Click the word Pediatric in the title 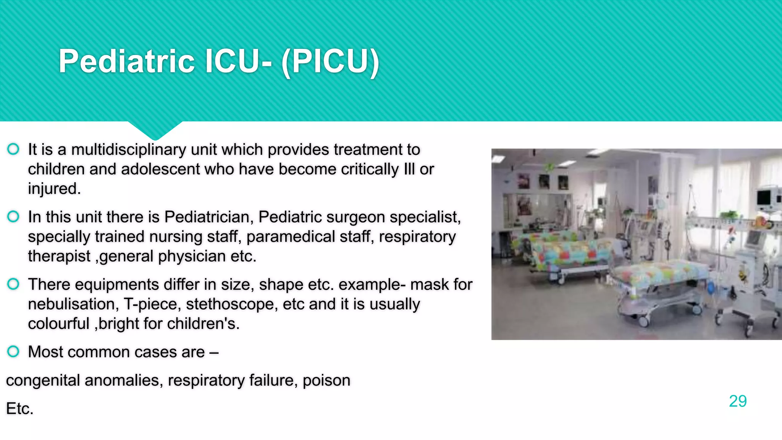tap(126, 61)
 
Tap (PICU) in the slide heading tap(330, 61)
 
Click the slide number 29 tap(737, 401)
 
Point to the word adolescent tap(160, 169)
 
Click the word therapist tap(59, 256)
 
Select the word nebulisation tap(71, 304)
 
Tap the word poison tap(326, 380)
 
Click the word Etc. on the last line tap(20, 409)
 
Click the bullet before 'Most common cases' tap(13, 351)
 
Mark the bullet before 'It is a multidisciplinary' tap(13, 149)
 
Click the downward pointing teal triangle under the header tap(155, 129)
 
